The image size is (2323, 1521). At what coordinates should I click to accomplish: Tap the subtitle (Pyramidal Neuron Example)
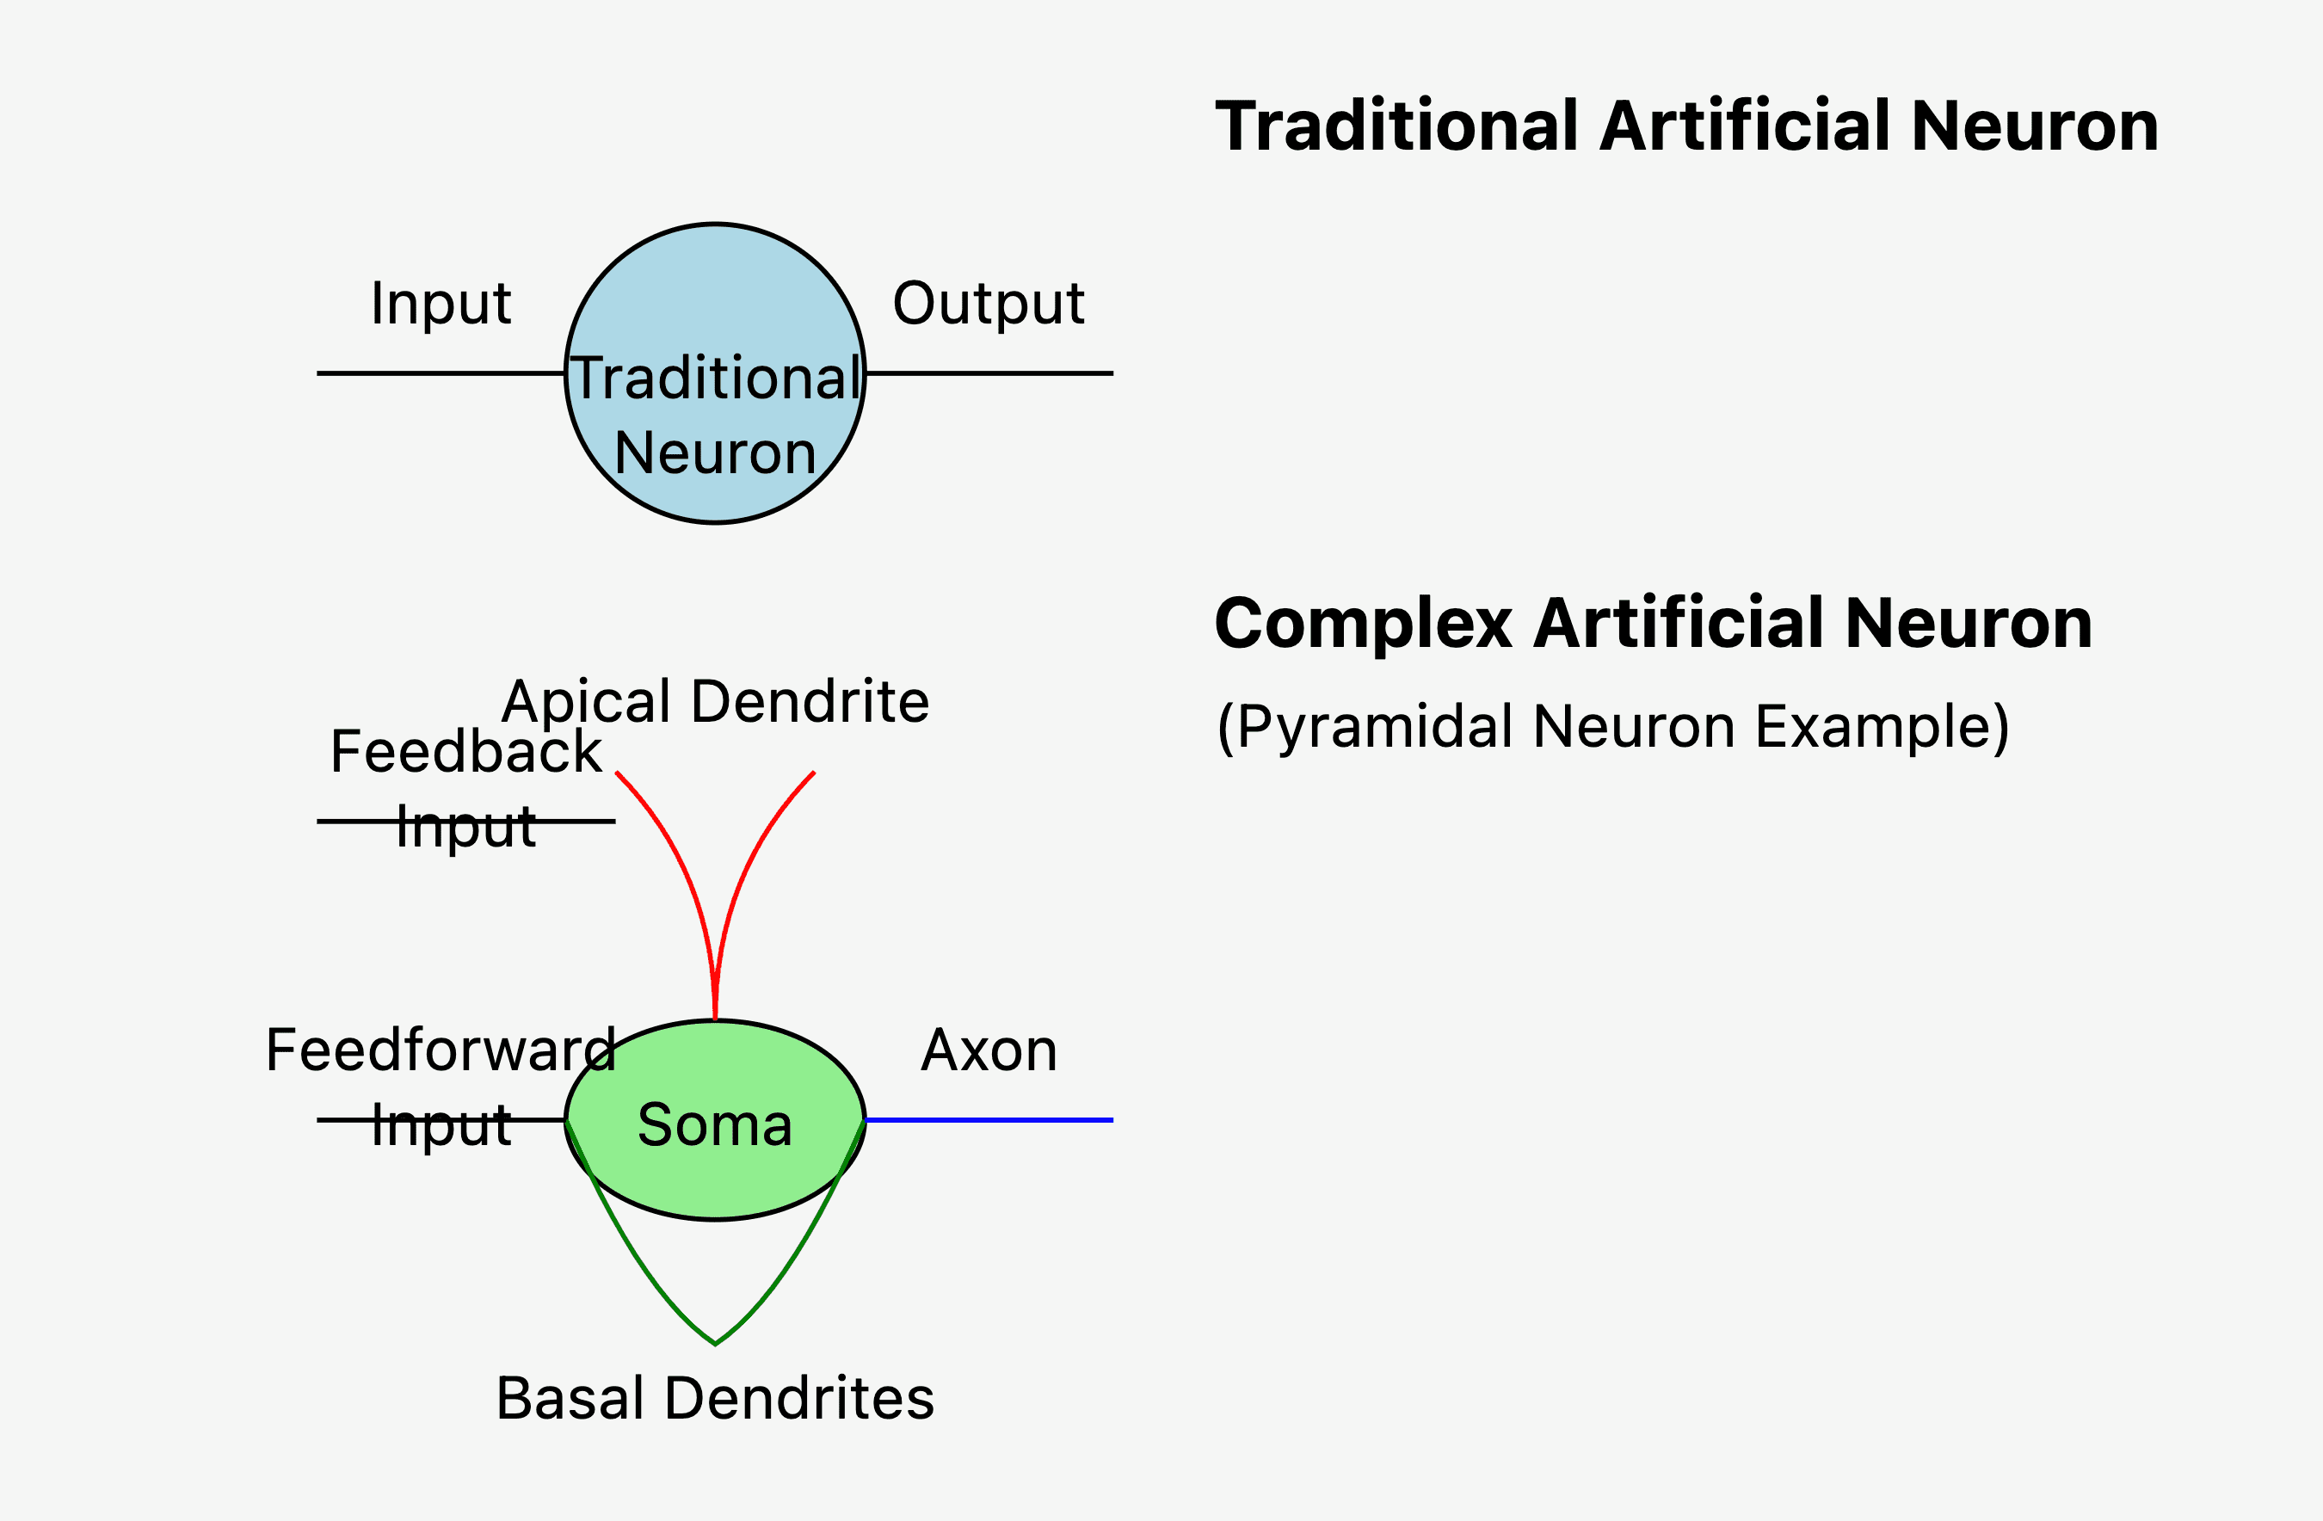point(1613,727)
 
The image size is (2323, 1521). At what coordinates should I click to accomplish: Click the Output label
point(988,305)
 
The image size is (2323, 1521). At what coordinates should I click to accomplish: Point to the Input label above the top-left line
point(441,305)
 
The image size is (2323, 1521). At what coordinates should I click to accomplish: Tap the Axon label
point(989,1050)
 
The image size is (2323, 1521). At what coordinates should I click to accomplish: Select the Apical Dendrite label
point(716,702)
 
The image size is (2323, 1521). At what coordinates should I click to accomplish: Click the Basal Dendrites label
point(716,1398)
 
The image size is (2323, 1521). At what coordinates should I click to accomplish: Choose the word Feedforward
point(441,1050)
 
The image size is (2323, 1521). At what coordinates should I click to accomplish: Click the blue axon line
point(989,1120)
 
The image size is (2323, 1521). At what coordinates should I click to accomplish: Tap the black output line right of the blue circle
point(989,373)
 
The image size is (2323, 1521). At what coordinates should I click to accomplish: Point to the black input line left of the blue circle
point(441,373)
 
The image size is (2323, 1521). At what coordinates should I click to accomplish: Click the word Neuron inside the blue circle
point(716,454)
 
